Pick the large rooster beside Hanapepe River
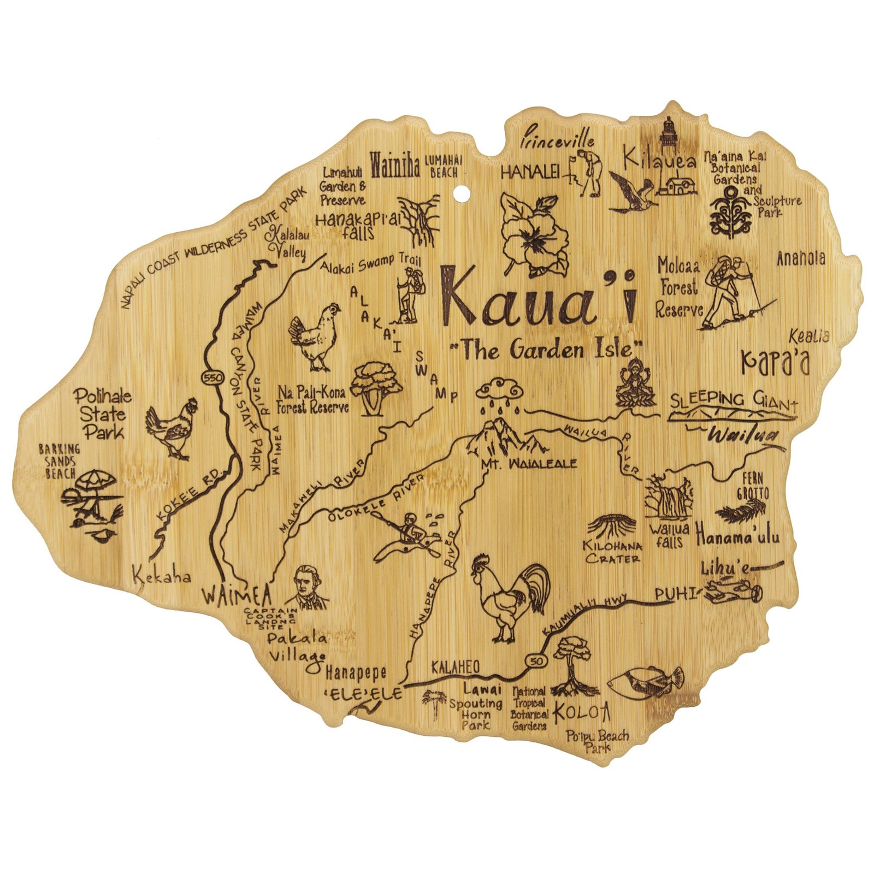[x=511, y=596]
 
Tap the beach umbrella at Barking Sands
[x=95, y=481]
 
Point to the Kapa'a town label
[x=775, y=362]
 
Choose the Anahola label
[x=801, y=259]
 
